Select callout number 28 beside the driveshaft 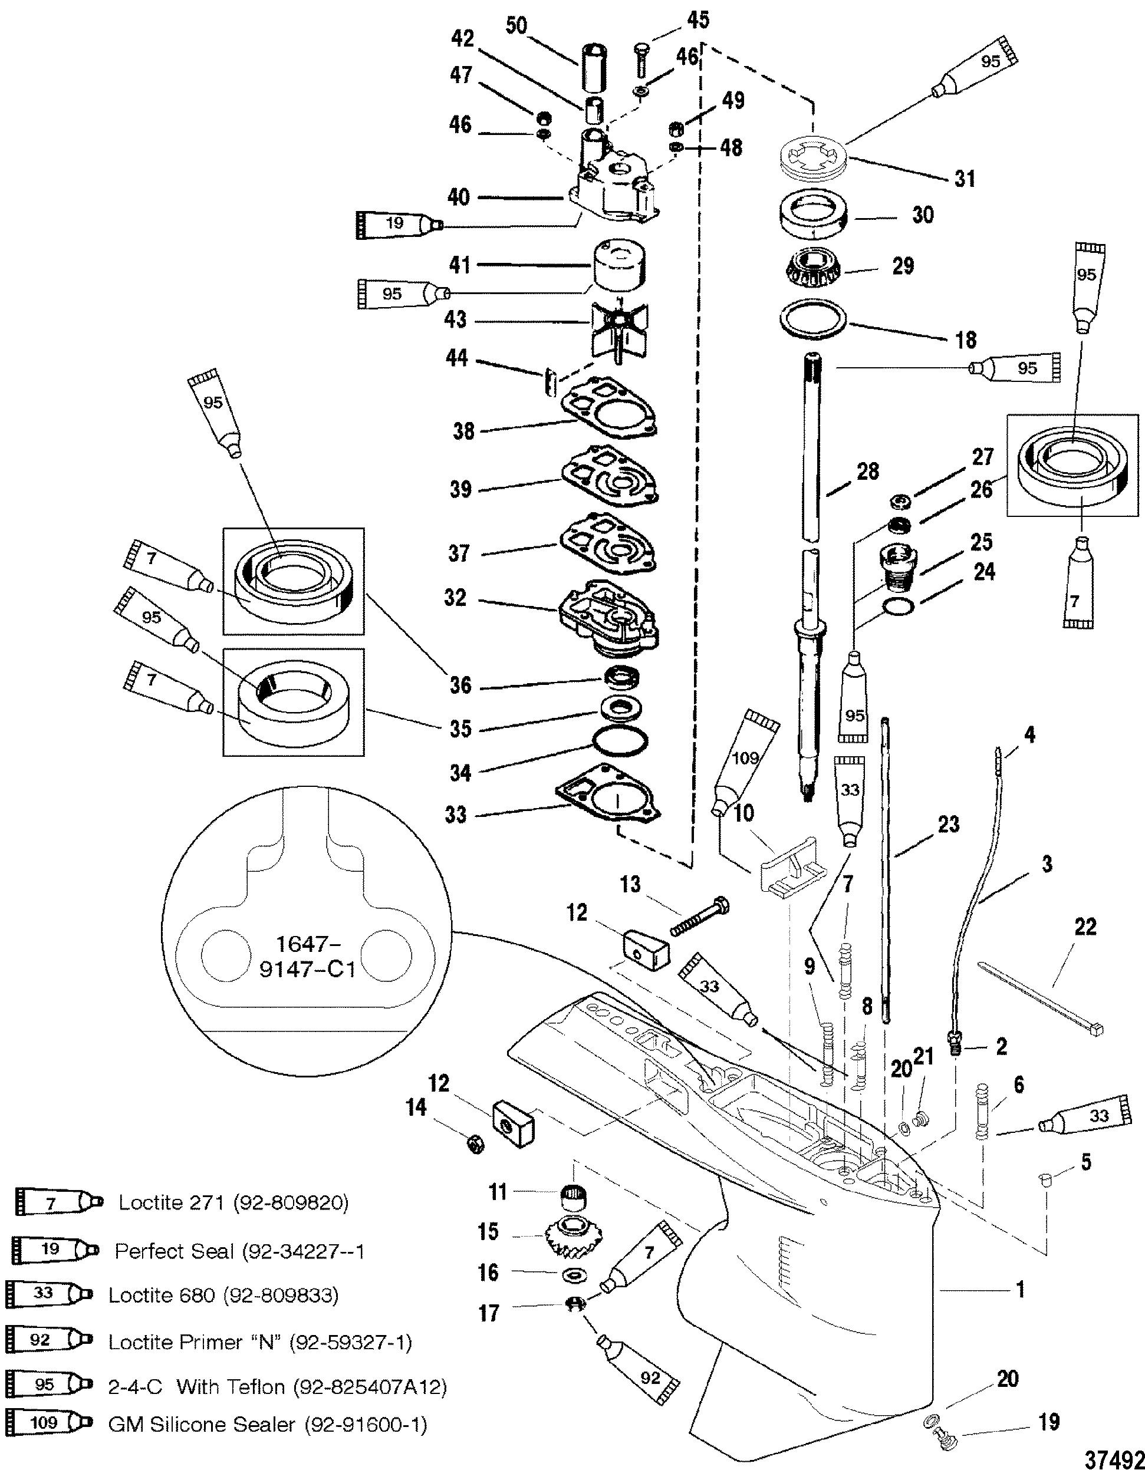click(x=868, y=472)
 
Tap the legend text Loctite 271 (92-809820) click(x=233, y=1203)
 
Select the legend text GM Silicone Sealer click(x=267, y=1425)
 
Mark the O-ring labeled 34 click(x=621, y=741)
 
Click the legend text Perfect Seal click(x=239, y=1251)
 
